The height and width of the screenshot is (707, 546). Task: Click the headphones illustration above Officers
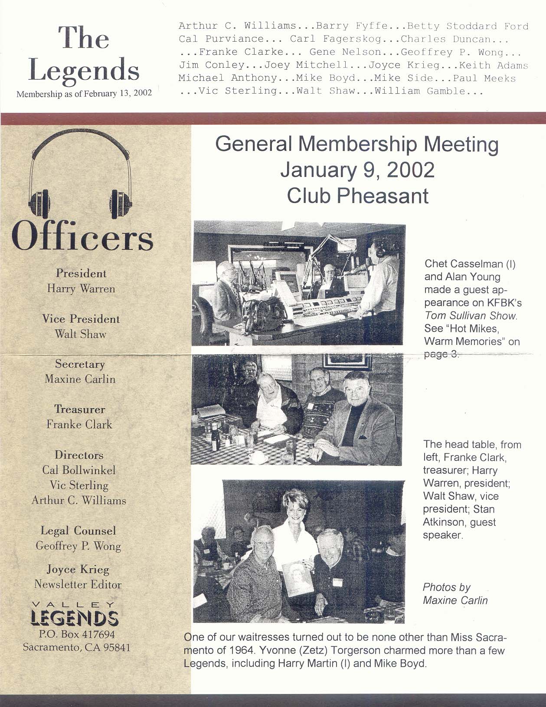[x=80, y=173]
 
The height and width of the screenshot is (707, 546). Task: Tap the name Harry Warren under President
[x=81, y=289]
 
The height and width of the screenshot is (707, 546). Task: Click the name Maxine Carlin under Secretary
[x=80, y=379]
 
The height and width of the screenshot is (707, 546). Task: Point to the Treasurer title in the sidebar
[x=80, y=409]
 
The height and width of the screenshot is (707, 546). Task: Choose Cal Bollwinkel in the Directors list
[x=79, y=470]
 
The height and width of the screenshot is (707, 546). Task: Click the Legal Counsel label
[x=78, y=531]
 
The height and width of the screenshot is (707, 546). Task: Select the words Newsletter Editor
[x=78, y=585]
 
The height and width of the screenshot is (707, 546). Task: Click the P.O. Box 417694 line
[x=77, y=635]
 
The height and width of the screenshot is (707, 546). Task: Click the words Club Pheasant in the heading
[x=357, y=196]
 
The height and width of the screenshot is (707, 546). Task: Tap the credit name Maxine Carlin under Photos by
[x=455, y=600]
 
